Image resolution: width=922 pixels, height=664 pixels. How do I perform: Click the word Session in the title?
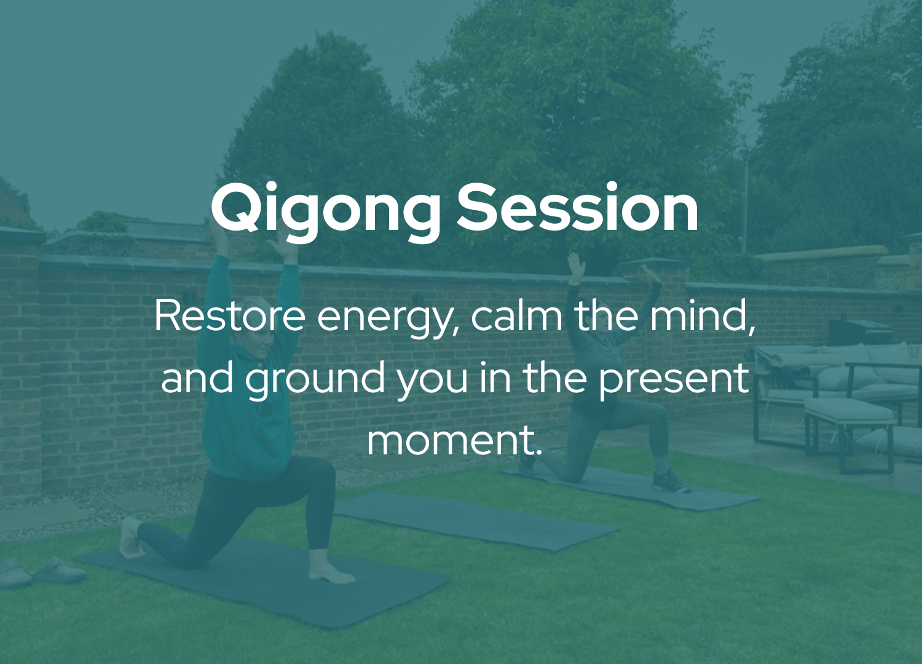[578, 207]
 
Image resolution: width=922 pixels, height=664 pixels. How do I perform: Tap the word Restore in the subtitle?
[229, 315]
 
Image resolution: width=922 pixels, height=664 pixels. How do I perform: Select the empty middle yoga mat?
[478, 521]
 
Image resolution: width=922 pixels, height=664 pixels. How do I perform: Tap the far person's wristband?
[574, 283]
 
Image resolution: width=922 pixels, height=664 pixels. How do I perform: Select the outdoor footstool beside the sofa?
[849, 434]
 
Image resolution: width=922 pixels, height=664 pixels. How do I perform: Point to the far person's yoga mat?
[630, 488]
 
